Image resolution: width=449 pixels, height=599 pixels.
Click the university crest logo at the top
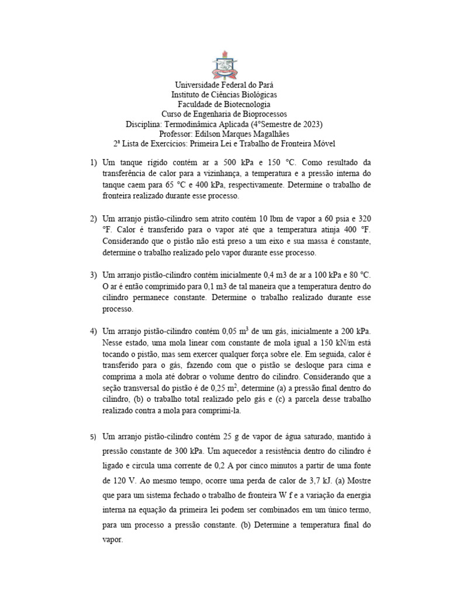click(x=224, y=64)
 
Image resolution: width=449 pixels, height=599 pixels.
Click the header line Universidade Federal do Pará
click(x=224, y=85)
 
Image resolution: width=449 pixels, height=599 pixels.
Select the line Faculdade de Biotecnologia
click(x=224, y=104)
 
